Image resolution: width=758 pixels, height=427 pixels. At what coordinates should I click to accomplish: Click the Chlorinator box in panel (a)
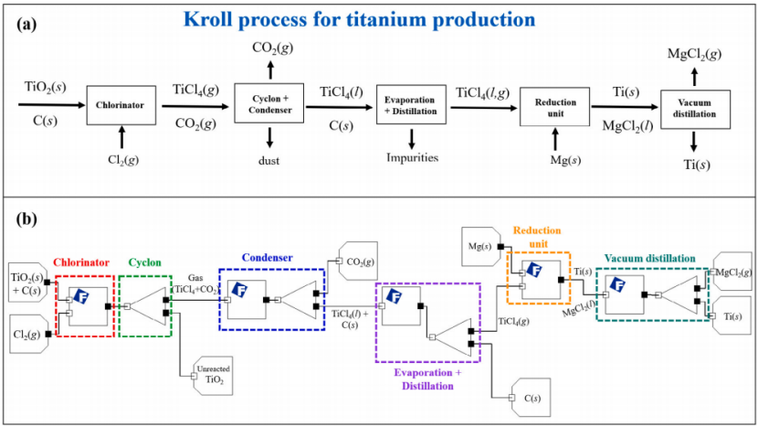click(x=116, y=106)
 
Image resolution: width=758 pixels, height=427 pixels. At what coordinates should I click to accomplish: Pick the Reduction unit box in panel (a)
click(x=553, y=106)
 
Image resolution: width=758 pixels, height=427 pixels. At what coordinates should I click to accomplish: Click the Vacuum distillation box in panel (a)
click(x=696, y=109)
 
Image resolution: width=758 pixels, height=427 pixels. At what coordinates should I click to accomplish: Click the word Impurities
click(x=412, y=157)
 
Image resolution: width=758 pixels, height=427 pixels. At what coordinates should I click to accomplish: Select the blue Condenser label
click(x=268, y=258)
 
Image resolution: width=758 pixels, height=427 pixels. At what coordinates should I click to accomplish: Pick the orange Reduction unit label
click(x=537, y=237)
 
